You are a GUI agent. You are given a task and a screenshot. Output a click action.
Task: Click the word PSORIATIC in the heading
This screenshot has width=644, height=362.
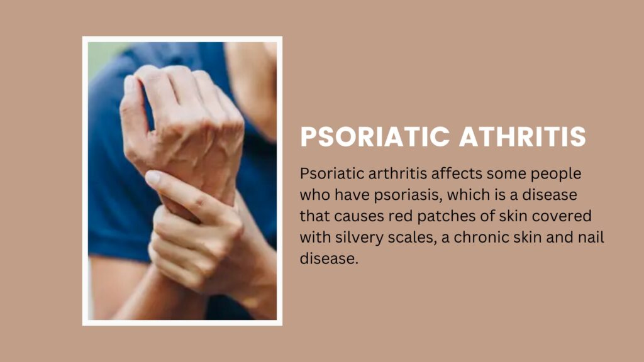point(375,136)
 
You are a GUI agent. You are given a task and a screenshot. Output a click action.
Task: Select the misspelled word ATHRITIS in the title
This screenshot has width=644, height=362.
point(523,136)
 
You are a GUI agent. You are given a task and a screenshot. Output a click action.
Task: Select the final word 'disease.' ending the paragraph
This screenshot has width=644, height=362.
point(329,258)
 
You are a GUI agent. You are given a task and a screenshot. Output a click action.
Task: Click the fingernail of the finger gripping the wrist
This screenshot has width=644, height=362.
point(153,178)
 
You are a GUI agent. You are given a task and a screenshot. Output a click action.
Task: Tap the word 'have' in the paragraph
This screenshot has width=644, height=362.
point(352,195)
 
